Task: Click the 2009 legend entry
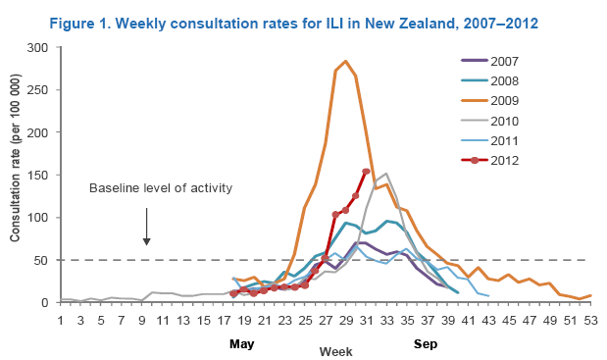pos(489,101)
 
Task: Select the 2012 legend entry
pos(489,160)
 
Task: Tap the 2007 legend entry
pos(489,61)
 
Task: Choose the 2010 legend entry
pos(489,121)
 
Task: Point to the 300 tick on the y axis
pos(37,48)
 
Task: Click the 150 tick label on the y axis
pos(37,175)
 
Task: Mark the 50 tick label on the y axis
pos(41,260)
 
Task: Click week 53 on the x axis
pos(590,321)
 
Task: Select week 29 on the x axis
pos(346,321)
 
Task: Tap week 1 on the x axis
pos(61,321)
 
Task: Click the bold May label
pos(242,343)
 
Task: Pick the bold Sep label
pos(426,343)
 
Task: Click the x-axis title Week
pos(335,351)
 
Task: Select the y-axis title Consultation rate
pos(15,158)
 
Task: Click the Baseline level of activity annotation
pos(161,188)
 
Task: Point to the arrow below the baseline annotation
pos(146,227)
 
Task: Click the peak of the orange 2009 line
pos(346,61)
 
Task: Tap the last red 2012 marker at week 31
pos(366,171)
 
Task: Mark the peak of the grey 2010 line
pos(386,174)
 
